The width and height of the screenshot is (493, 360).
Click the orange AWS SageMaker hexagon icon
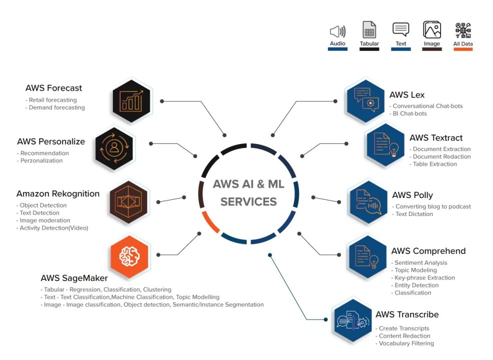129,257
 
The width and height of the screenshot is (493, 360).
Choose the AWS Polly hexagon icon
368,202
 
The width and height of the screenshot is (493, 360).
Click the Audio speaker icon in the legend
337,31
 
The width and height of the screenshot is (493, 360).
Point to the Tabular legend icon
369,30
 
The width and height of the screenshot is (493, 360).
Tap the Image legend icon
431,30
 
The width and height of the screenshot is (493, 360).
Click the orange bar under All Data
463,49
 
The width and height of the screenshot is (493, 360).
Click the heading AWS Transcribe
407,314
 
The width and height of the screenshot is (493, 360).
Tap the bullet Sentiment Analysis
420,262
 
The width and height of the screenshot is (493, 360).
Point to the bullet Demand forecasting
56,107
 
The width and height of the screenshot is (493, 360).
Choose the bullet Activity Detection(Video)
53,228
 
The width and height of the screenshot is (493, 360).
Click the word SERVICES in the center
248,202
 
